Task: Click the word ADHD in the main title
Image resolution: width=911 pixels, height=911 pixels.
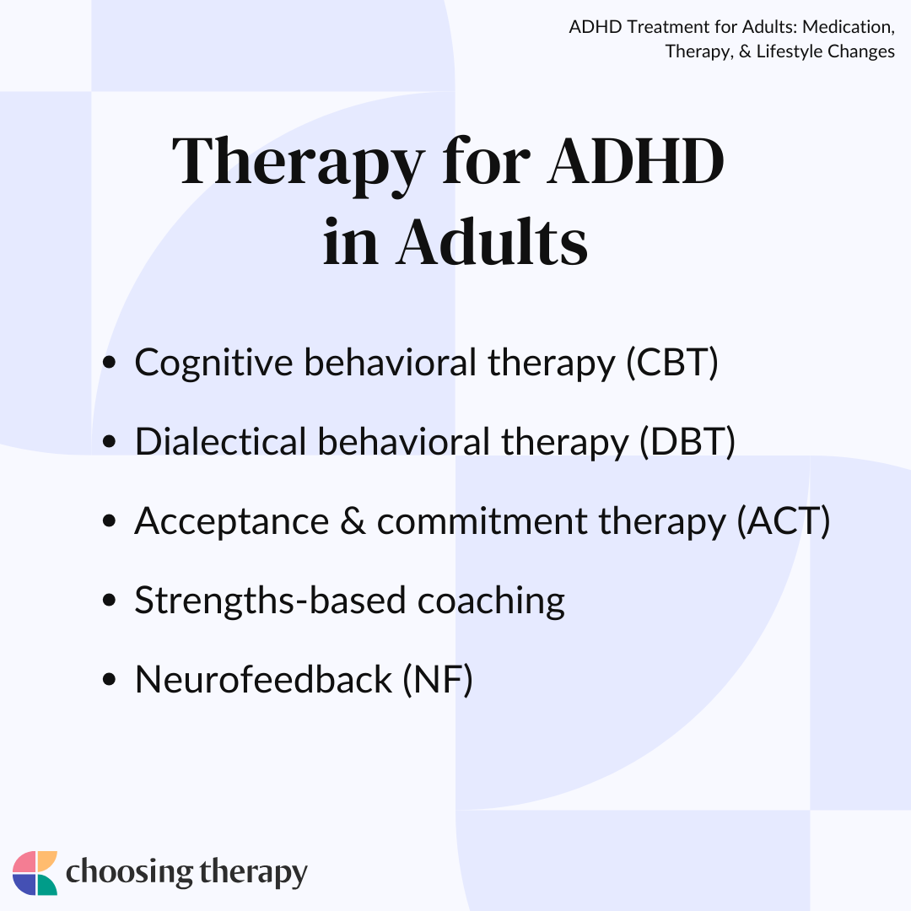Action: point(635,160)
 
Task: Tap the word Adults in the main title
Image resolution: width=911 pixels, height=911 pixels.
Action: point(492,242)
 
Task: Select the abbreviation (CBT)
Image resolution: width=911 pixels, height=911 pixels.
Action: point(672,363)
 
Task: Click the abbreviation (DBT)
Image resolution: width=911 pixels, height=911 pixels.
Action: point(687,441)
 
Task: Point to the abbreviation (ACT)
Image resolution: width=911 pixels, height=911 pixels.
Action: point(784,520)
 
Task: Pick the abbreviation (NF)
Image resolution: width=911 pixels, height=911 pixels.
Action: point(438,679)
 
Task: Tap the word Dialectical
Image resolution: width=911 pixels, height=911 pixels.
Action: point(221,441)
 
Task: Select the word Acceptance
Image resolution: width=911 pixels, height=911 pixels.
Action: point(232,521)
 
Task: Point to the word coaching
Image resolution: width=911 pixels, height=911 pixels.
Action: point(491,601)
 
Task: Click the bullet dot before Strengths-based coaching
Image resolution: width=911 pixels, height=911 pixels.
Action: point(109,601)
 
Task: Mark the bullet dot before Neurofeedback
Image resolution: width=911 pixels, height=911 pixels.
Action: point(109,679)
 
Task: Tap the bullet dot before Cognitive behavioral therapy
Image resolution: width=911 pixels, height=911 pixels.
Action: point(109,363)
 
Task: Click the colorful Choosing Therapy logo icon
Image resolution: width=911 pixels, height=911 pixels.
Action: point(35,873)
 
